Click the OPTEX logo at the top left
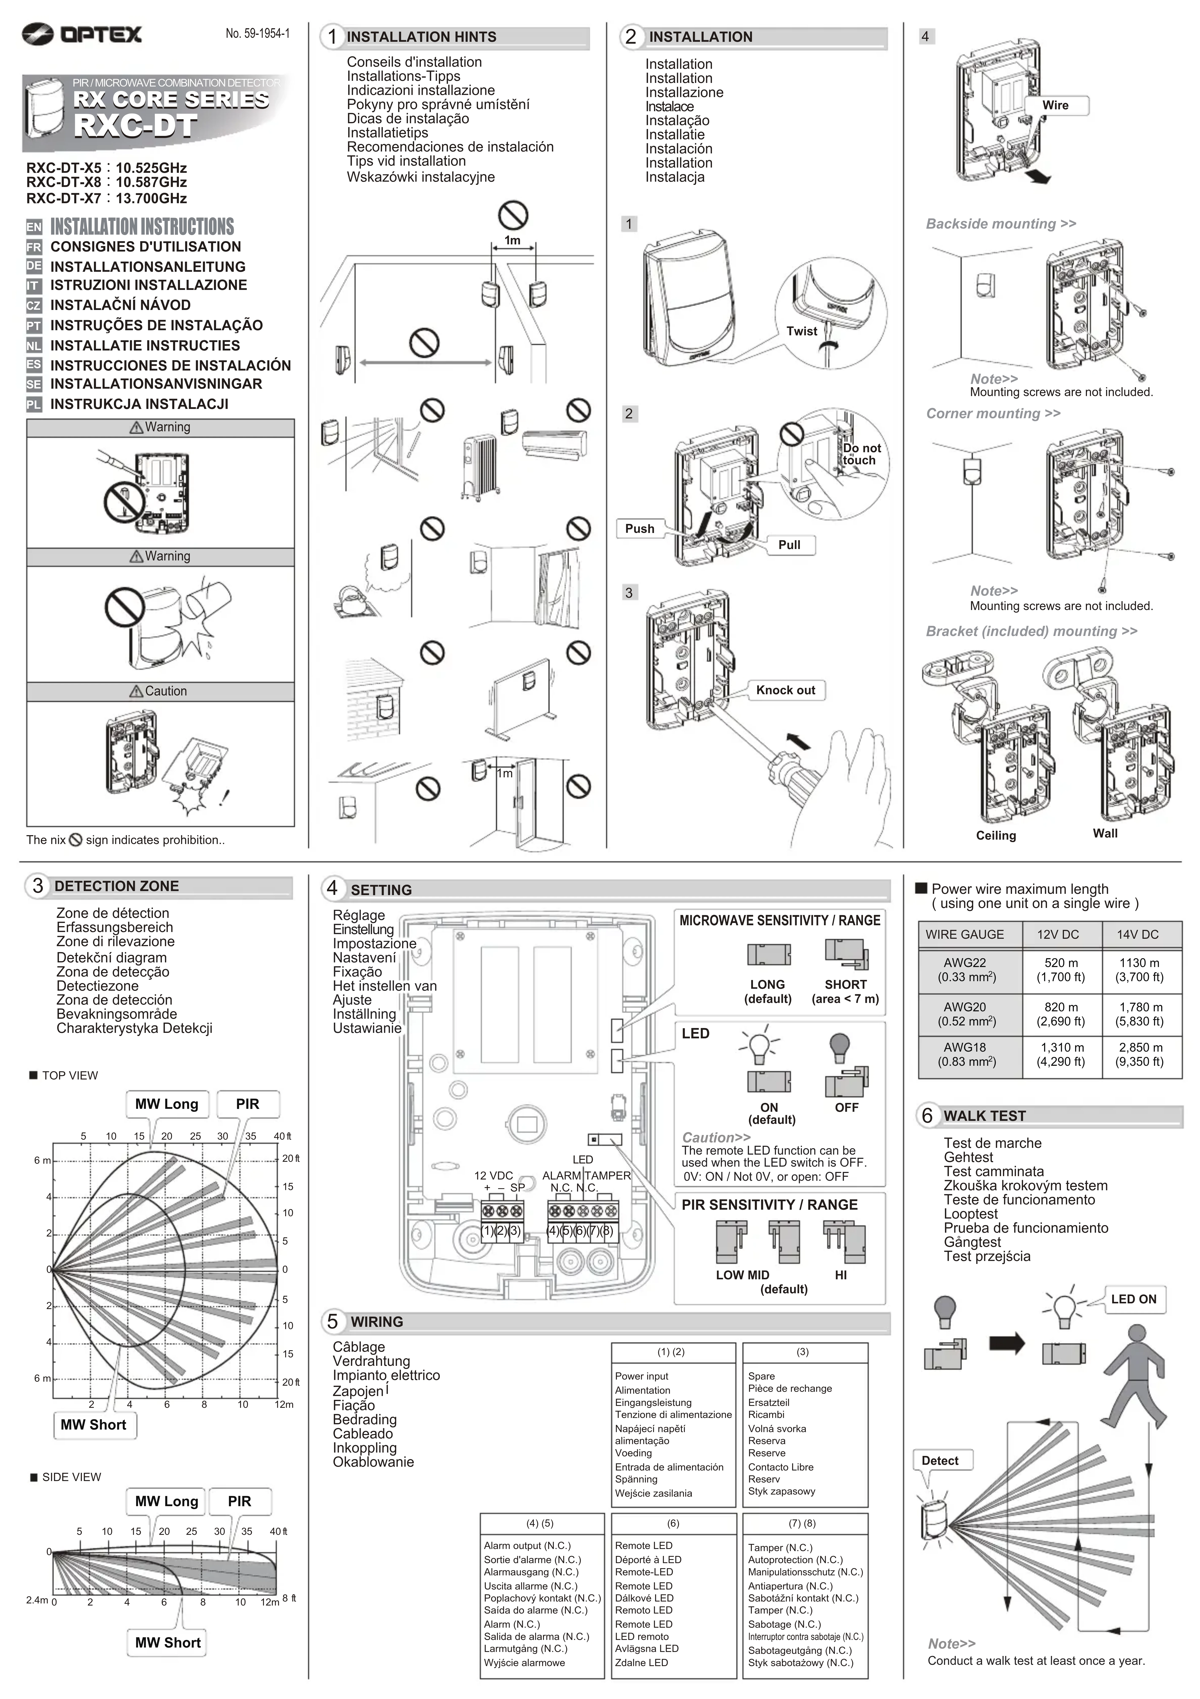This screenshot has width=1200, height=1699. (81, 34)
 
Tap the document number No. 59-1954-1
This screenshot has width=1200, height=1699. (257, 33)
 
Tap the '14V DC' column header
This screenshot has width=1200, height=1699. (1138, 935)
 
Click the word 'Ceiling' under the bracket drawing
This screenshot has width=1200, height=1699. (996, 835)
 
